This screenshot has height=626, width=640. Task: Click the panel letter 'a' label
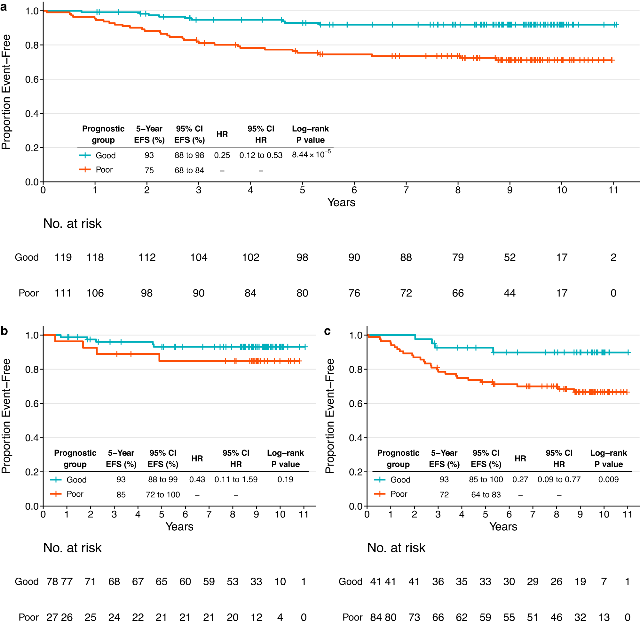tap(4, 7)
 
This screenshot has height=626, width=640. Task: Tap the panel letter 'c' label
tap(327, 331)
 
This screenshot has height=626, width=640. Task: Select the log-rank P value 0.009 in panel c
tap(608, 479)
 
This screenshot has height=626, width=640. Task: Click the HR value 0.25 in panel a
tap(222, 155)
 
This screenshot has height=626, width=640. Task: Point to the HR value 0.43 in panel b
tap(197, 479)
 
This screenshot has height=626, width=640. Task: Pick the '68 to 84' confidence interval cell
tap(189, 170)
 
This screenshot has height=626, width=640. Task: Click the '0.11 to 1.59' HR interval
tap(236, 479)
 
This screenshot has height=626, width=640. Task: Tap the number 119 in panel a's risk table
tap(63, 257)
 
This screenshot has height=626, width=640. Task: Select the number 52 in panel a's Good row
tap(510, 257)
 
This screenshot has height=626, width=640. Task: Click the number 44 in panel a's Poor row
tap(510, 293)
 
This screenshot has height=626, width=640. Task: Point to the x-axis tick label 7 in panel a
tap(406, 190)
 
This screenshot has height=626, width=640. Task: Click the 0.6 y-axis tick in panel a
tap(32, 79)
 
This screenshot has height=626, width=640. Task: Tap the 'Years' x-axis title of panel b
tap(179, 526)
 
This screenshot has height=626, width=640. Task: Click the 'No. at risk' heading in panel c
tap(396, 548)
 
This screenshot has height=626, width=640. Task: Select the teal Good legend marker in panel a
tap(85, 155)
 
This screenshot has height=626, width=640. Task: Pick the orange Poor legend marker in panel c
tap(380, 494)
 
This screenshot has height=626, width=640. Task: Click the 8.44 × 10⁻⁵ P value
tap(311, 155)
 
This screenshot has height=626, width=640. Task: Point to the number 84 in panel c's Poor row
tap(376, 617)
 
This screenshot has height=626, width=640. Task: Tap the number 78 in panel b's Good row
tap(52, 581)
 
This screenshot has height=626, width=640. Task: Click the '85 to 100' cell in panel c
tap(486, 479)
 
